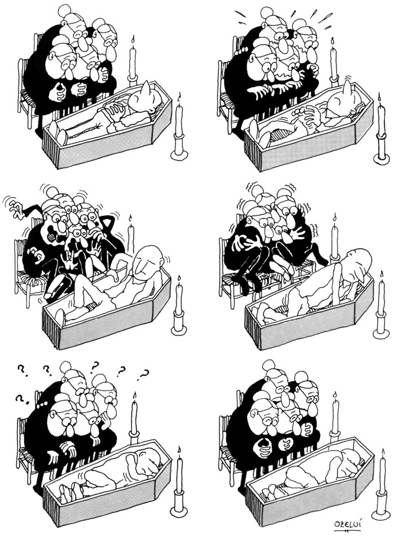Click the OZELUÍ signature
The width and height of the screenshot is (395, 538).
(x=344, y=526)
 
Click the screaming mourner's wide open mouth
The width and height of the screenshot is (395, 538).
(x=52, y=236)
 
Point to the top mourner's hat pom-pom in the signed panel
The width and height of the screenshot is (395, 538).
(x=269, y=366)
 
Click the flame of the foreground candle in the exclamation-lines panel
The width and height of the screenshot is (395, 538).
(x=379, y=98)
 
